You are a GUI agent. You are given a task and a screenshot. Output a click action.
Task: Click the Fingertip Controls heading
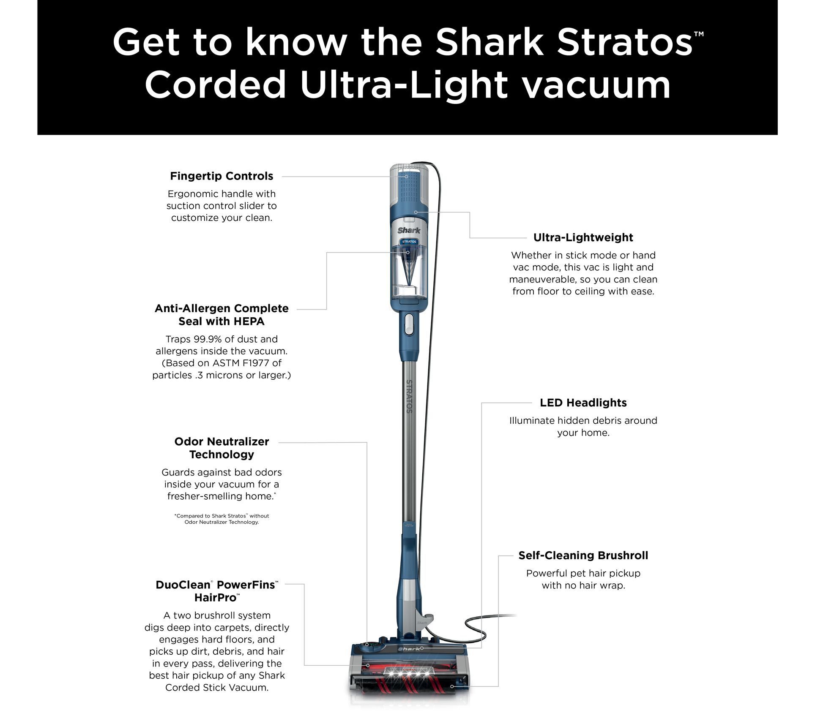pyautogui.click(x=222, y=176)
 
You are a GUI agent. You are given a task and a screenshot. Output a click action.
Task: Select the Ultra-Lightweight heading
pyautogui.click(x=583, y=237)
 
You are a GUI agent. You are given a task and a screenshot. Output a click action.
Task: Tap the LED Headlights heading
pyautogui.click(x=583, y=403)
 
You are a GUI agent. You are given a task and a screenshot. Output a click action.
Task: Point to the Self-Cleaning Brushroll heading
pyautogui.click(x=583, y=555)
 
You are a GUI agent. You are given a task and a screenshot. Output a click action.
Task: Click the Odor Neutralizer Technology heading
pyautogui.click(x=222, y=448)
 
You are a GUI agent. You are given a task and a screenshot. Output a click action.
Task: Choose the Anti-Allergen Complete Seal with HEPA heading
pyautogui.click(x=222, y=315)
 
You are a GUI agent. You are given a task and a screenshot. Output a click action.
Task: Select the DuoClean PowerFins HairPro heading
pyautogui.click(x=217, y=591)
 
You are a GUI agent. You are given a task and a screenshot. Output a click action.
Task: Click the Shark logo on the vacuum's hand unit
pyautogui.click(x=409, y=230)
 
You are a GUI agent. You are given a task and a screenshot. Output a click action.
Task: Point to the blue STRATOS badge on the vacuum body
pyautogui.click(x=409, y=242)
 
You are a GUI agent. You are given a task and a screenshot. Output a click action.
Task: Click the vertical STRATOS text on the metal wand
pyautogui.click(x=409, y=396)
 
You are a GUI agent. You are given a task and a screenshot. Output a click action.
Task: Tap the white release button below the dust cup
pyautogui.click(x=409, y=324)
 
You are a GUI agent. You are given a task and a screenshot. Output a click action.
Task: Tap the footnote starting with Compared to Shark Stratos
pyautogui.click(x=222, y=519)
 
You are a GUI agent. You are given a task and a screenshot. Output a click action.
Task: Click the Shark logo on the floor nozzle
pyautogui.click(x=409, y=648)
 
